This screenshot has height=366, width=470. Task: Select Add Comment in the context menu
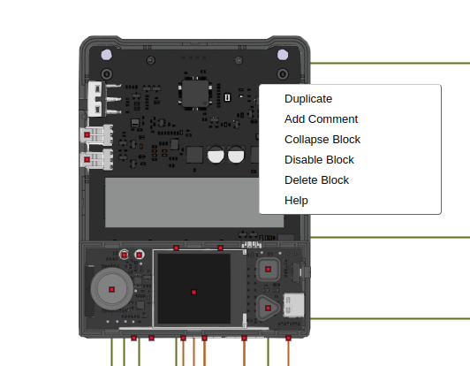[321, 119]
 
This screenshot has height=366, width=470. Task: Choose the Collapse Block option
[322, 140]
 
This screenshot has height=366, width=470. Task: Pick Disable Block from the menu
[319, 160]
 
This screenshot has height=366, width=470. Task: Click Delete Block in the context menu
[316, 180]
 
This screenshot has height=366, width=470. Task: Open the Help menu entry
[296, 201]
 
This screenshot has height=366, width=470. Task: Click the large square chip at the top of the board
[194, 92]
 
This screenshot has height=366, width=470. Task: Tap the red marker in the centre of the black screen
[194, 292]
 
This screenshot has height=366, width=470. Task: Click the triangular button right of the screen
[268, 307]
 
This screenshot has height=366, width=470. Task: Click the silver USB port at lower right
[294, 304]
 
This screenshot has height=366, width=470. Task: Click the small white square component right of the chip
[227, 95]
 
